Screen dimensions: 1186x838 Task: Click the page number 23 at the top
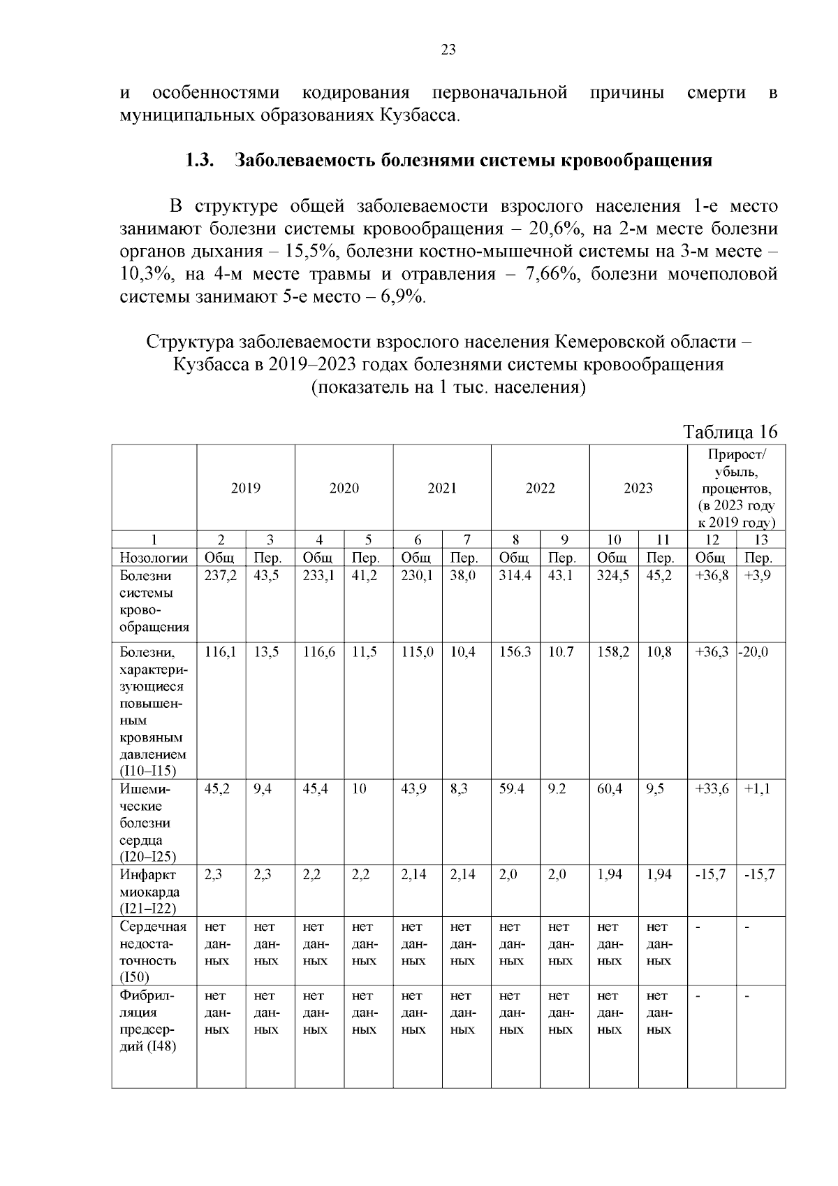click(448, 49)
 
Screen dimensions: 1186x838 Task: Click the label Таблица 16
click(730, 432)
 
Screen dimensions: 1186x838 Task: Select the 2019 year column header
click(246, 488)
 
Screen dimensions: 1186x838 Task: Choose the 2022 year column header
click(540, 488)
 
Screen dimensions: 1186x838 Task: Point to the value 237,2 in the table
click(220, 576)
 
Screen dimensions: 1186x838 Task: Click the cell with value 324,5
click(613, 576)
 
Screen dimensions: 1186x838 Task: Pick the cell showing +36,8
click(712, 576)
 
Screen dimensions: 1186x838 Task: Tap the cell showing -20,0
click(755, 652)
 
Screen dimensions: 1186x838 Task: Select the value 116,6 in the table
click(318, 652)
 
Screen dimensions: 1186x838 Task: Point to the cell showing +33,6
click(712, 789)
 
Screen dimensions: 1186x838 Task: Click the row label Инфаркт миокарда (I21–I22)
click(149, 891)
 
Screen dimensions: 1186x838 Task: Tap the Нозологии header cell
click(154, 558)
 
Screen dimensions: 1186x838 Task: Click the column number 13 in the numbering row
click(760, 540)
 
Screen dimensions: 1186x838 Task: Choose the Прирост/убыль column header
click(736, 488)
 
